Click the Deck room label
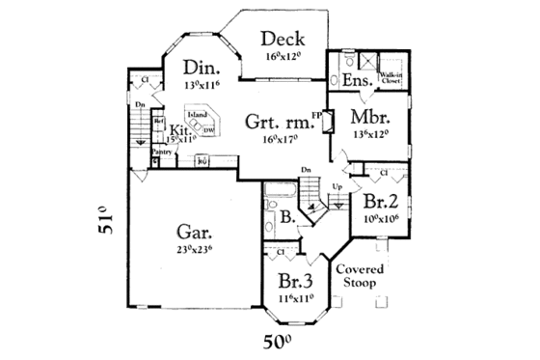[x=283, y=40]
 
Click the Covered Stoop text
[x=360, y=277]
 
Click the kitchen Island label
[x=197, y=115]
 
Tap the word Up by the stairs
[x=337, y=184]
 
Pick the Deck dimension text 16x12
[x=283, y=57]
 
